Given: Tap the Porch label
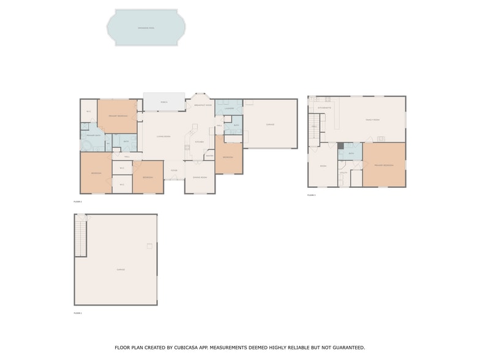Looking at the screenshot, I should [x=164, y=102].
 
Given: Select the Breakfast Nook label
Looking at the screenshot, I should [x=203, y=105].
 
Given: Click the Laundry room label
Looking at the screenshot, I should [x=229, y=108].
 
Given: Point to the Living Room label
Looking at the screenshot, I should [x=163, y=137].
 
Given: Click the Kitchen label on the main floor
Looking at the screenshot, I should [x=199, y=142].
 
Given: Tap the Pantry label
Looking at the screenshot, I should [x=209, y=156].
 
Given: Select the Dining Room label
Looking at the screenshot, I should [x=200, y=177].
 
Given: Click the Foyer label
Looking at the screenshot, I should [x=174, y=170].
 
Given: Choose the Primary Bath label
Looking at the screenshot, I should [x=93, y=135].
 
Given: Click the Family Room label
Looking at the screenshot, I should [x=372, y=120].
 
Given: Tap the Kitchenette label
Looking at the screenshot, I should [x=324, y=108].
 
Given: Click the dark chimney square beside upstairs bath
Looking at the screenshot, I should [x=340, y=146].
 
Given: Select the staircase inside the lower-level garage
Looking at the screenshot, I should [x=81, y=239].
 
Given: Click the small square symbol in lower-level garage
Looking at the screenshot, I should [x=149, y=246].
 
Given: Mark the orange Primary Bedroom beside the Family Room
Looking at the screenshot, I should [x=384, y=165].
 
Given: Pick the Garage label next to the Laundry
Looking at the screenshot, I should [x=270, y=124].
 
